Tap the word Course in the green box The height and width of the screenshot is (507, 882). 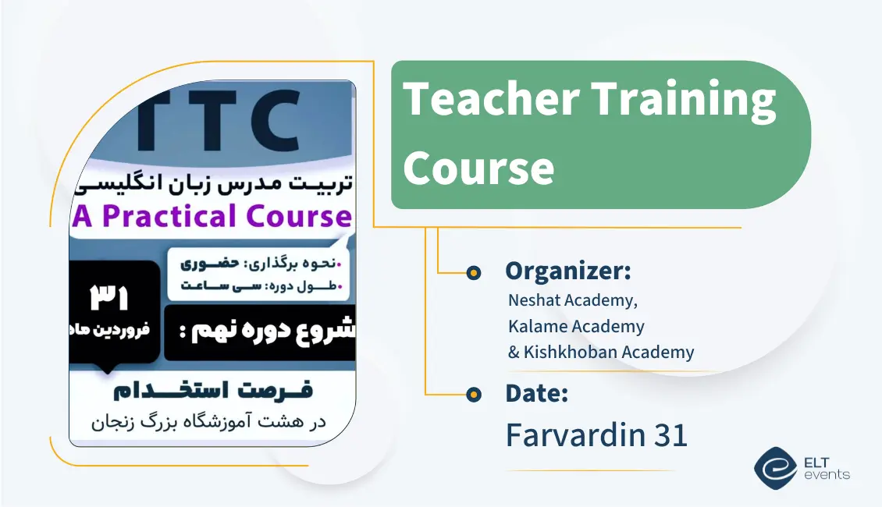pos(478,167)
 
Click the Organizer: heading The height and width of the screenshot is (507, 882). pos(567,271)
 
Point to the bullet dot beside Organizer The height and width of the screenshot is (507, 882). pos(473,272)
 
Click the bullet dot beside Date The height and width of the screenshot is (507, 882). pos(473,395)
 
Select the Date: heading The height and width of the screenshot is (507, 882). pos(536,394)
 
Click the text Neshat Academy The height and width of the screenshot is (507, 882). pos(567,300)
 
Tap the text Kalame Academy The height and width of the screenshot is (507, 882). pos(576,326)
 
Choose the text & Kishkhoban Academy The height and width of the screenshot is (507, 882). pos(600,352)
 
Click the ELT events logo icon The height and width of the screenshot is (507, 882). pos(775,468)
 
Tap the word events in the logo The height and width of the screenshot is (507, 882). pos(828,475)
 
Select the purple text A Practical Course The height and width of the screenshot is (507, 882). pos(212,217)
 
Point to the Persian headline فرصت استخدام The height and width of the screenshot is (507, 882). pos(212,390)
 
